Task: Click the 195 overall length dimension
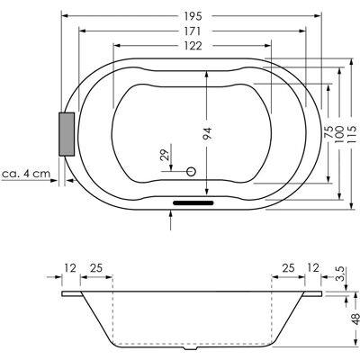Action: (193, 16)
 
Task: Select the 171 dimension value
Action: (193, 31)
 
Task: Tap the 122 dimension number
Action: (193, 46)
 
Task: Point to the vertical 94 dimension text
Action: (207, 133)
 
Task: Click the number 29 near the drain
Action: (165, 155)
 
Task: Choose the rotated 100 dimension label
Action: (339, 134)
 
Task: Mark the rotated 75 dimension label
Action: (328, 132)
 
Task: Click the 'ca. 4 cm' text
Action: (26, 174)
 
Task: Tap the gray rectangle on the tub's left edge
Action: (67, 134)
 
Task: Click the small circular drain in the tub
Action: (191, 172)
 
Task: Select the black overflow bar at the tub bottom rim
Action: (193, 202)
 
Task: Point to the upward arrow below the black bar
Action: (170, 220)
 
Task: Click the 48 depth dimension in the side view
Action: (355, 319)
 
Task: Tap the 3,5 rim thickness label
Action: (341, 274)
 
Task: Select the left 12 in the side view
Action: (70, 268)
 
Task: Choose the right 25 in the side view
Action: (289, 268)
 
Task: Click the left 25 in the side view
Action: (96, 268)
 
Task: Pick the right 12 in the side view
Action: (313, 268)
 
